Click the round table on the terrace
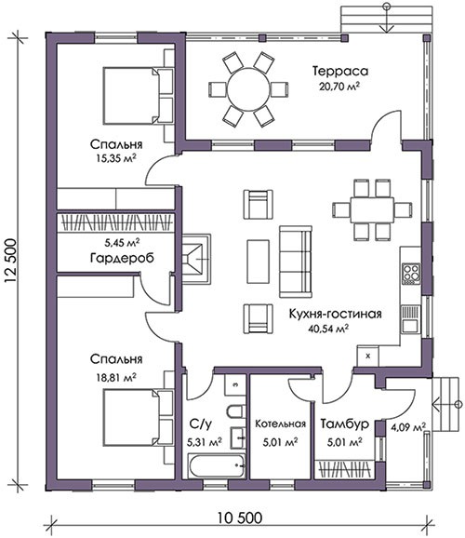click(x=248, y=89)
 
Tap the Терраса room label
click(x=340, y=71)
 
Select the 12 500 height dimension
click(x=10, y=261)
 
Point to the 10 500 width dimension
click(x=240, y=518)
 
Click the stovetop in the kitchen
click(x=411, y=274)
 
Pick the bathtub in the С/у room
click(x=217, y=466)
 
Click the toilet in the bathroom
click(x=236, y=411)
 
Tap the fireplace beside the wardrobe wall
click(x=196, y=259)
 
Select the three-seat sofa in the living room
click(x=296, y=262)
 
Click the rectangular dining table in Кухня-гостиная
click(x=372, y=209)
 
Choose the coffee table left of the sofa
click(x=258, y=262)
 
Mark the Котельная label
click(x=280, y=424)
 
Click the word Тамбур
click(x=345, y=424)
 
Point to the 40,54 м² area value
click(x=328, y=329)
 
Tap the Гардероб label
click(x=122, y=258)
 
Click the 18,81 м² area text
click(x=116, y=377)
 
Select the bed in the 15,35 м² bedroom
click(x=131, y=95)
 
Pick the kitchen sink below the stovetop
click(x=410, y=319)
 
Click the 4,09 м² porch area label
click(x=408, y=427)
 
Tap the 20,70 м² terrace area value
click(x=339, y=86)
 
